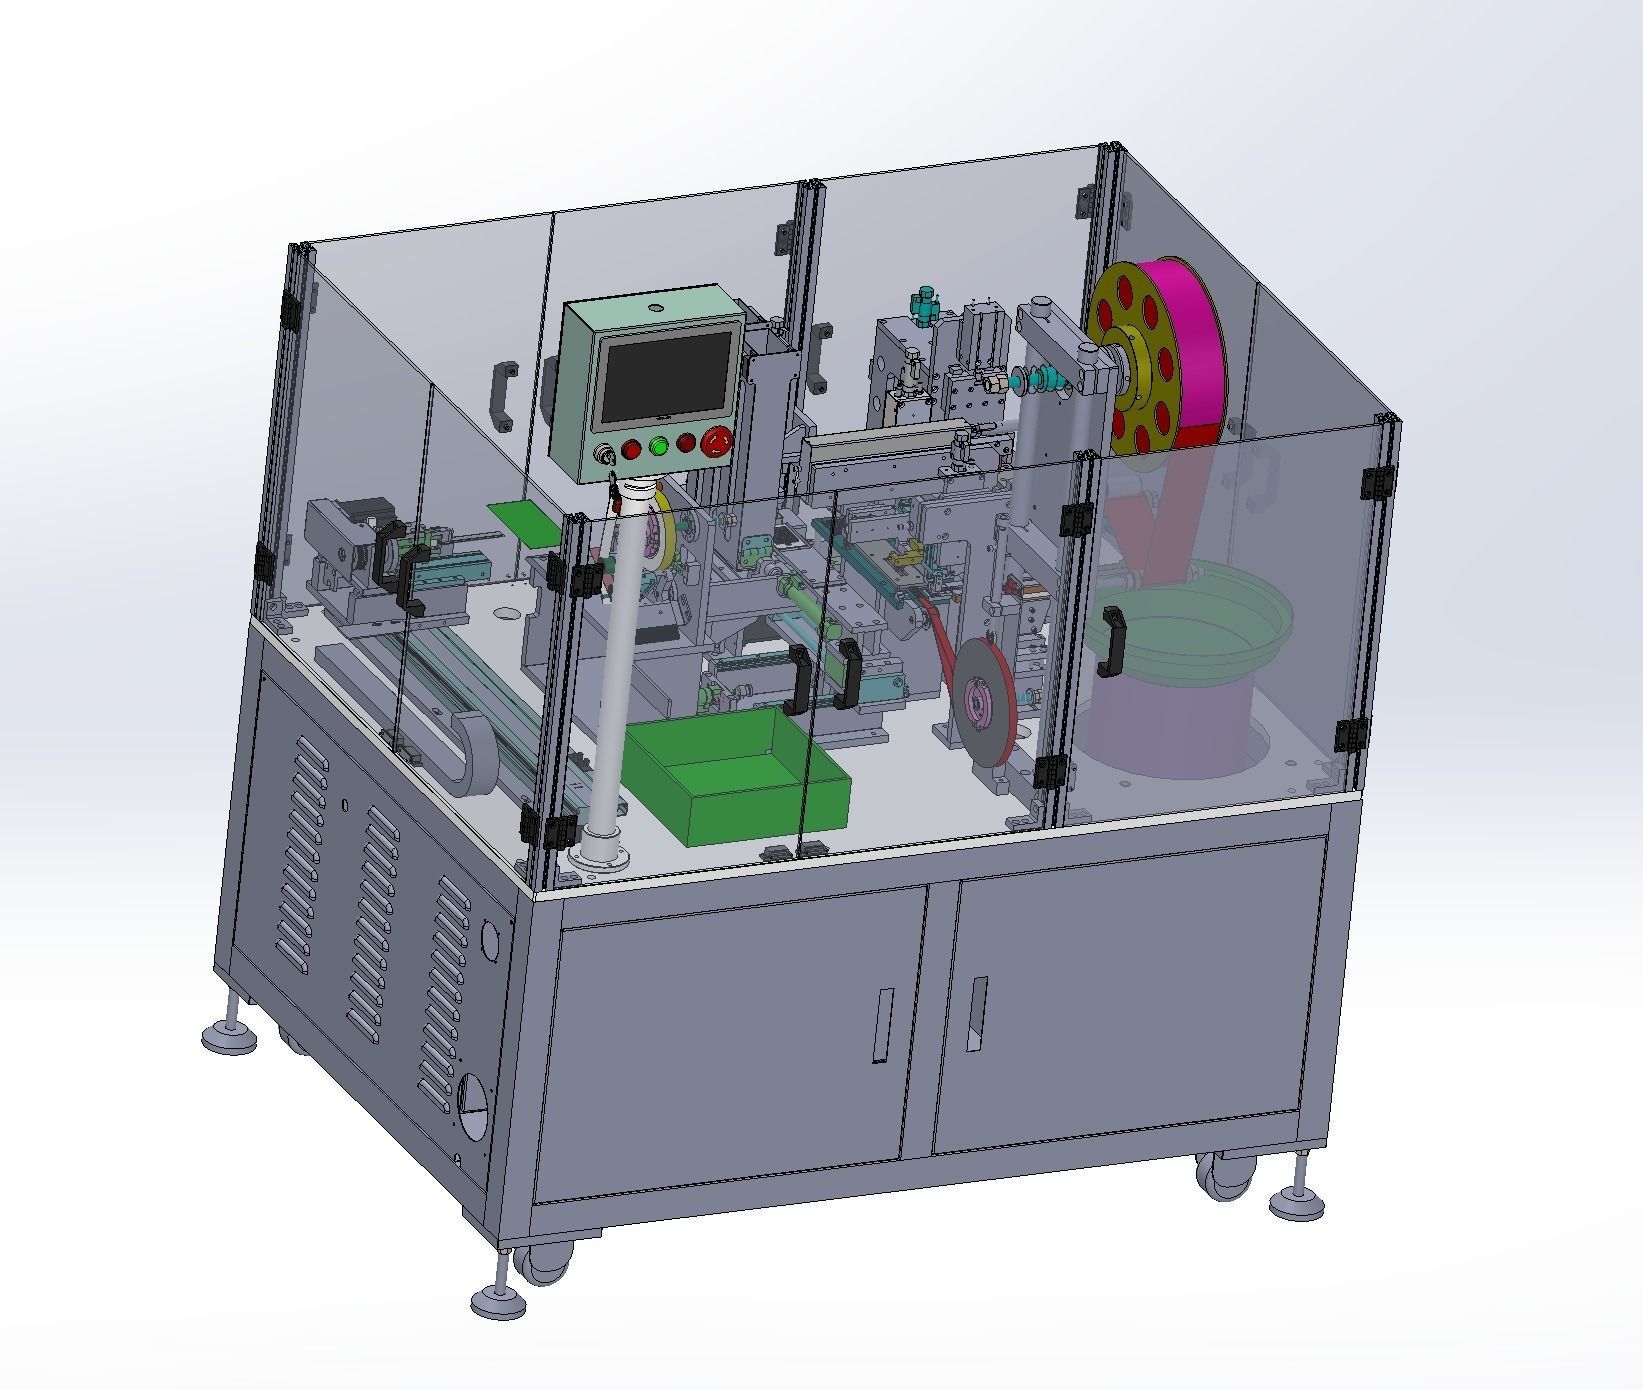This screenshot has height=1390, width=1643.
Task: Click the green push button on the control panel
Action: [658, 446]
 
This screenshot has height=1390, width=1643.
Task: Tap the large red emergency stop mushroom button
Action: [718, 441]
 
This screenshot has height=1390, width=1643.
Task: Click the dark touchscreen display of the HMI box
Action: [666, 377]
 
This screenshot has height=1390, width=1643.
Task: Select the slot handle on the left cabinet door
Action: [883, 1025]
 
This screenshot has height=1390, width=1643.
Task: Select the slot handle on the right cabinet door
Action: [977, 1014]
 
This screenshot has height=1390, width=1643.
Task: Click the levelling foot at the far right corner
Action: [1297, 1201]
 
